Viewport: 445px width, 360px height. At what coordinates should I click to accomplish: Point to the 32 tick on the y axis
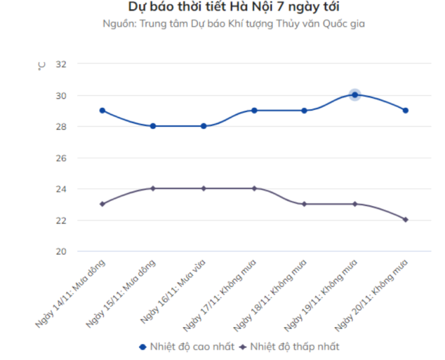click(x=61, y=64)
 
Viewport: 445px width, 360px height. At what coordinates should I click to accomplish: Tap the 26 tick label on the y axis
click(x=61, y=158)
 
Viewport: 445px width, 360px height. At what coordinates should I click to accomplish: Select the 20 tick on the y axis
click(x=61, y=251)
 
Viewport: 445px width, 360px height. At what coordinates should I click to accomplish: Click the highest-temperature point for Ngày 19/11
click(x=355, y=95)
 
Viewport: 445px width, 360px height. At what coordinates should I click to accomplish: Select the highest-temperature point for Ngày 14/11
click(x=102, y=110)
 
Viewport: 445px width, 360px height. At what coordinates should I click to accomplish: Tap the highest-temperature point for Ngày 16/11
click(x=203, y=126)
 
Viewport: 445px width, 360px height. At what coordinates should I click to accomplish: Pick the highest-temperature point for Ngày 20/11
click(x=405, y=110)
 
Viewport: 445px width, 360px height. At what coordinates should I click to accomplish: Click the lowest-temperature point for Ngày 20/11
click(x=405, y=220)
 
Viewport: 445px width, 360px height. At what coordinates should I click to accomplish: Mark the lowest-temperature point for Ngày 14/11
click(x=102, y=204)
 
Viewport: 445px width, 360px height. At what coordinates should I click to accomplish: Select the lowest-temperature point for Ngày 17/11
click(x=254, y=188)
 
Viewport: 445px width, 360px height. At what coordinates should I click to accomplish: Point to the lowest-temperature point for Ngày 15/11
click(x=153, y=188)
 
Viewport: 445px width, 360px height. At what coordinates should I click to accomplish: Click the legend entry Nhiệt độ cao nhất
click(x=187, y=346)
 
